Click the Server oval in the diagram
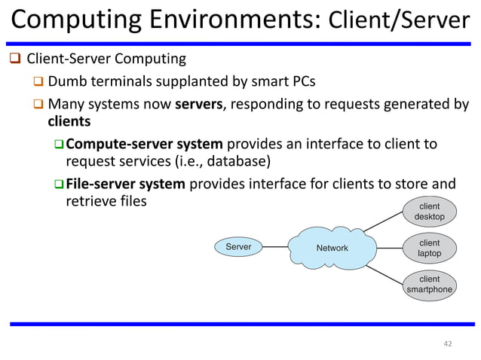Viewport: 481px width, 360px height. (x=239, y=247)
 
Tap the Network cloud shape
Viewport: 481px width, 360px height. (x=331, y=248)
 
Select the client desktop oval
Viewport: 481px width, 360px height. (x=429, y=212)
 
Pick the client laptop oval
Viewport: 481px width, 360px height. (x=429, y=248)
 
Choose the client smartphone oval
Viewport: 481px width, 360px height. (x=429, y=284)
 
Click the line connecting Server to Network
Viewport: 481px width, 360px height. (x=276, y=247)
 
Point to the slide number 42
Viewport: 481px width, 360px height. (x=448, y=344)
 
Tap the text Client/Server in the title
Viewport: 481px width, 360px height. (x=400, y=20)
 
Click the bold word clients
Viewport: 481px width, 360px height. (x=69, y=121)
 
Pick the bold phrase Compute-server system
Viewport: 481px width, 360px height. (x=144, y=144)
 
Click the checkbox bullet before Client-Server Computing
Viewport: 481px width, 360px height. (x=16, y=59)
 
